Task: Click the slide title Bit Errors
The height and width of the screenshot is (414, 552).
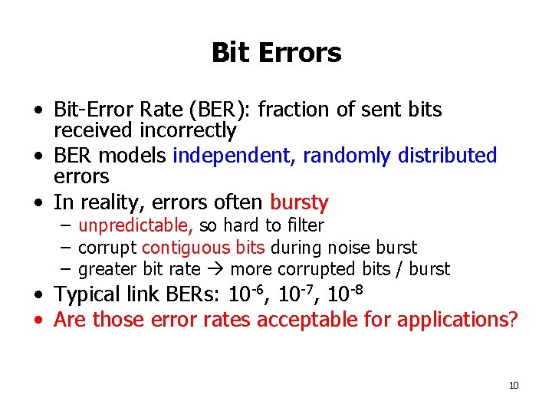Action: tap(276, 53)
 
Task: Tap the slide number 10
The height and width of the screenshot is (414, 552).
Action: tap(514, 385)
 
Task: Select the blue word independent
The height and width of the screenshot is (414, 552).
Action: tap(235, 156)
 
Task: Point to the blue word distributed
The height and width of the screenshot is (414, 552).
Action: tap(447, 156)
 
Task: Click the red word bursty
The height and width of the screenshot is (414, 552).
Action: tap(299, 203)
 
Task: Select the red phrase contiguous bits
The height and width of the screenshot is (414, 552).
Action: tap(203, 248)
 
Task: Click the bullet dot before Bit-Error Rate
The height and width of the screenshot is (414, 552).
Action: tap(38, 111)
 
